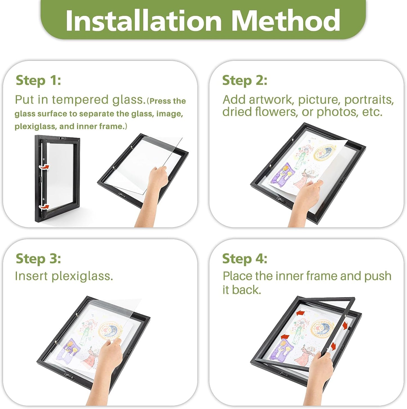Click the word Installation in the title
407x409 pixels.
coord(144,20)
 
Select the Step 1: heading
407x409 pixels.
coord(38,81)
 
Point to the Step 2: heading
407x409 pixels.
coord(244,81)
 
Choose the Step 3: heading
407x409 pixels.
coord(38,259)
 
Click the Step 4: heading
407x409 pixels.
coord(244,259)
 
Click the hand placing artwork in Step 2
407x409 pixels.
coord(306,202)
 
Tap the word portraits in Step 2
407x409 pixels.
coord(369,100)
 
